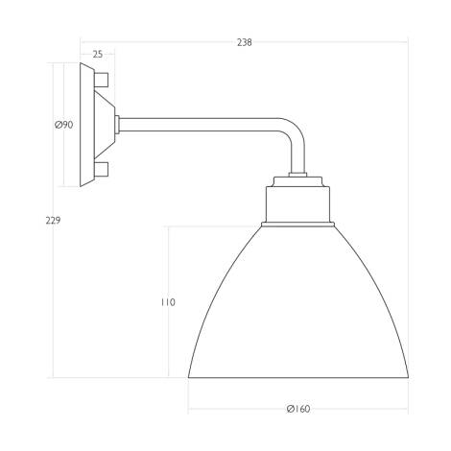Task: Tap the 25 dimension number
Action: tap(97, 55)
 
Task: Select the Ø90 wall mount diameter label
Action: tap(64, 125)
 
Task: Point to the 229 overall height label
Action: tap(53, 222)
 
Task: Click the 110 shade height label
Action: tap(168, 302)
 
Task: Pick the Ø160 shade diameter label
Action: tap(298, 409)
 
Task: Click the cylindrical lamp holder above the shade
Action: tap(299, 203)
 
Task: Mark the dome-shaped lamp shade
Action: tap(298, 307)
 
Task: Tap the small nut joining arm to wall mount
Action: tap(118, 124)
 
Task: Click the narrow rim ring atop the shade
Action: tap(299, 224)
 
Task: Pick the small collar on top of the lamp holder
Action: tap(299, 179)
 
